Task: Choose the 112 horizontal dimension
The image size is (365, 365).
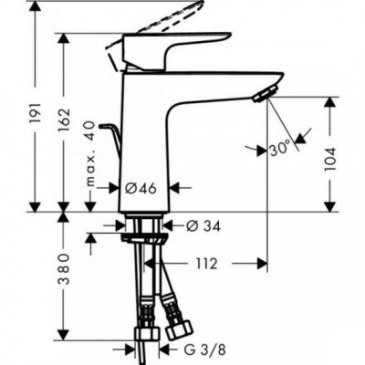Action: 205,265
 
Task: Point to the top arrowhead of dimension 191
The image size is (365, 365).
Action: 33,7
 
